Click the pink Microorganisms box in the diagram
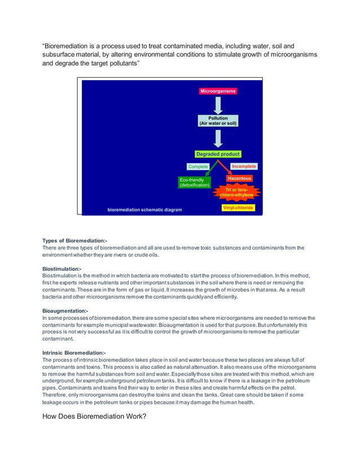pyautogui.click(x=218, y=91)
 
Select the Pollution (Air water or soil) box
pyautogui.click(x=218, y=121)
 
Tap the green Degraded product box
pyautogui.click(x=218, y=154)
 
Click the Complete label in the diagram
pyautogui.click(x=198, y=166)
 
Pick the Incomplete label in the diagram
pyautogui.click(x=244, y=166)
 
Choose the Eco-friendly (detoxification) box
pyautogui.click(x=194, y=182)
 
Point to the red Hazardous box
pyautogui.click(x=239, y=178)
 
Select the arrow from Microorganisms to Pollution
pyautogui.click(x=218, y=105)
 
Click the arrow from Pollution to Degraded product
pyautogui.click(x=218, y=137)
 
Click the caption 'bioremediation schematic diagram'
pyautogui.click(x=145, y=210)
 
